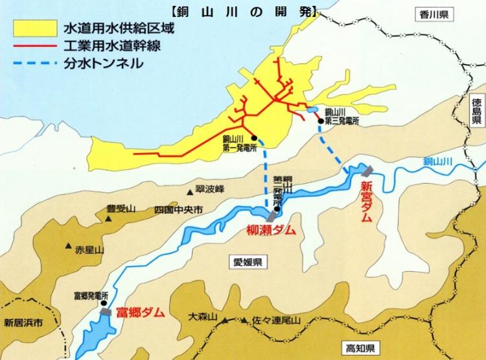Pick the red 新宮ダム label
(366, 202)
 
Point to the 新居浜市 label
(22, 322)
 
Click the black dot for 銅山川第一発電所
(254, 138)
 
